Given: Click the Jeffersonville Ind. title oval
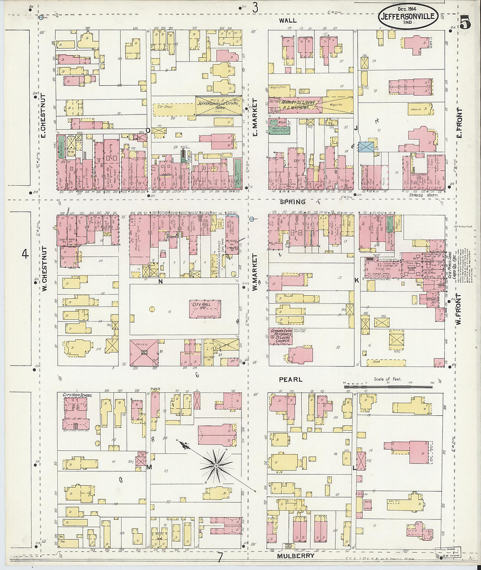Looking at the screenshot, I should pyautogui.click(x=408, y=16).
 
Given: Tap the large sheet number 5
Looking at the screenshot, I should pyautogui.click(x=465, y=22).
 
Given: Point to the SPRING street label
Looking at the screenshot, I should pyautogui.click(x=293, y=202).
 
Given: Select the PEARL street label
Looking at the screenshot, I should pyautogui.click(x=290, y=380).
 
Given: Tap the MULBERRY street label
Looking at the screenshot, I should pyautogui.click(x=296, y=556).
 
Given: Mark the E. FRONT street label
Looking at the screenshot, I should pyautogui.click(x=459, y=122).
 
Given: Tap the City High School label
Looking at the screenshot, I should pyautogui.click(x=77, y=395).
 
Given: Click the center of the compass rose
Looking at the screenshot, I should pyautogui.click(x=216, y=466).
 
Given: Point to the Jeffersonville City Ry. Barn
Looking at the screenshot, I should pyautogui.click(x=218, y=105).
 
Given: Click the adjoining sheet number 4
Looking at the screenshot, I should pyautogui.click(x=25, y=253).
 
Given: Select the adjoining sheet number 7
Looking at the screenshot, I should pyautogui.click(x=220, y=557).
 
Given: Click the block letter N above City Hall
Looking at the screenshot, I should pyautogui.click(x=160, y=282).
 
